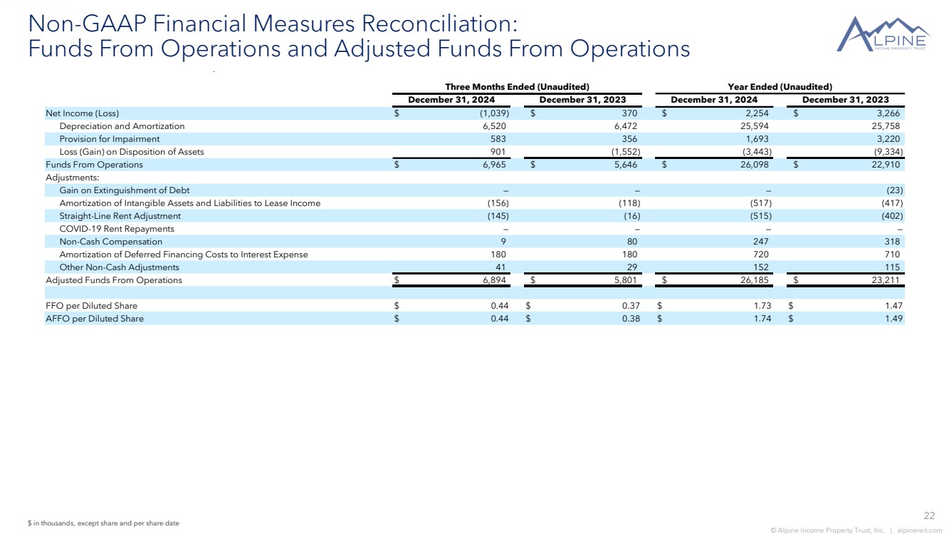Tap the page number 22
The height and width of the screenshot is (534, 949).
tap(928, 515)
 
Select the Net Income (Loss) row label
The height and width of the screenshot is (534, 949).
tap(83, 113)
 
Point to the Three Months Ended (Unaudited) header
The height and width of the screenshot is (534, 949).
tap(517, 86)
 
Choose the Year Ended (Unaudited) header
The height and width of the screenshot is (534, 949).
tap(780, 86)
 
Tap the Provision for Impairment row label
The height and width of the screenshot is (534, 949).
tap(110, 139)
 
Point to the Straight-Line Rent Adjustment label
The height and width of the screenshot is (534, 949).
tap(120, 216)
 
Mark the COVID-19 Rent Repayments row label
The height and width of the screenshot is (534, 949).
tap(117, 229)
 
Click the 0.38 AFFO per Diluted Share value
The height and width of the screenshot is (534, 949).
tap(631, 319)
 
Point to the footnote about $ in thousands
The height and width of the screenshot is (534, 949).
tap(103, 523)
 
